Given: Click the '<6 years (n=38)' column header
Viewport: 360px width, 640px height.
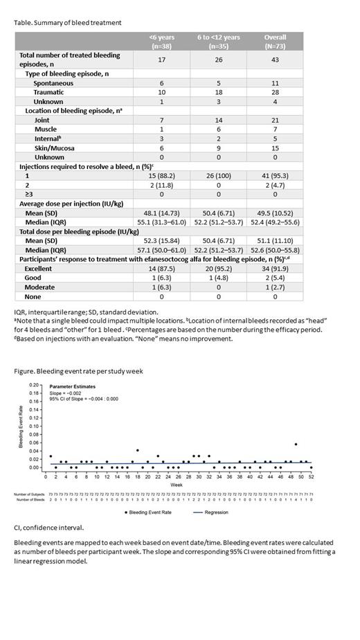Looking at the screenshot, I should tap(157, 41).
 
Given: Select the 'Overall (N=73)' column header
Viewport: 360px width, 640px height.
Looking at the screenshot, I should tap(275, 41).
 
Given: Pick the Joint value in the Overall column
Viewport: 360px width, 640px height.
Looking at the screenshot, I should tap(275, 119).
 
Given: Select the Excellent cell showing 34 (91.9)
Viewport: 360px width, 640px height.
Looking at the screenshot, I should tap(275, 268).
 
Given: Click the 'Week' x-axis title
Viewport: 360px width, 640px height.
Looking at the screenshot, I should tap(177, 485).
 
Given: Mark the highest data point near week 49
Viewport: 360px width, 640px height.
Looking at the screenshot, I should tap(296, 444).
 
